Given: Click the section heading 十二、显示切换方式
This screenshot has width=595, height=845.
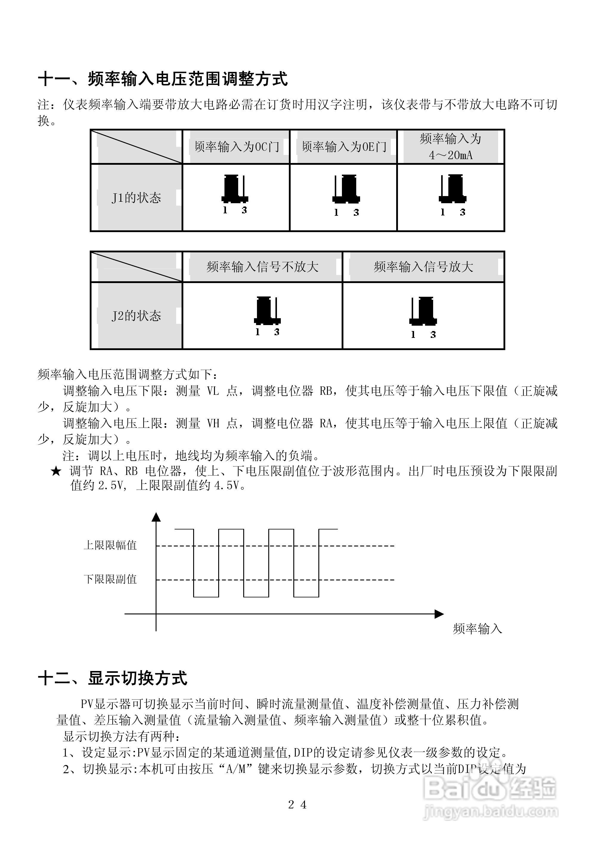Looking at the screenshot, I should pos(113,678).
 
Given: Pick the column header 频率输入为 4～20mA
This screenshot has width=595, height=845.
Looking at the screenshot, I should pos(451,147).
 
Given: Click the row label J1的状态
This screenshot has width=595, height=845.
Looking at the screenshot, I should pos(136,198).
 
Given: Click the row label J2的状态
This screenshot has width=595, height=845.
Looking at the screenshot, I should pos(136,316).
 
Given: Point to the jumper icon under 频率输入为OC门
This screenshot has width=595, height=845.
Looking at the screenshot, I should pos(235,190).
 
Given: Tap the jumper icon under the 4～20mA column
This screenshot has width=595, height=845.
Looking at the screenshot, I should pos(453,190).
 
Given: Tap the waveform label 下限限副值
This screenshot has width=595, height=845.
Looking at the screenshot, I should pos(110,579).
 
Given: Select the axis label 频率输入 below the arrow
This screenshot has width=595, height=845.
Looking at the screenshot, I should pos(477,629).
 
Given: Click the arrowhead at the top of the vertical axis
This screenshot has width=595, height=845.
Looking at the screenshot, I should pos(157,517).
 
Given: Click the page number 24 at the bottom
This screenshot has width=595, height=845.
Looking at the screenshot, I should pos(297,805).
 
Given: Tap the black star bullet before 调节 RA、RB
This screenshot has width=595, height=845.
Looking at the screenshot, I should pos(56,471).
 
